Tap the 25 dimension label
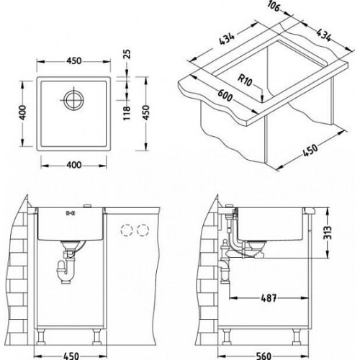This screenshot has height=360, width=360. (127, 54)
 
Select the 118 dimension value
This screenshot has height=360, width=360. (127, 113)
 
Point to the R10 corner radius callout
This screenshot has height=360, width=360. (245, 80)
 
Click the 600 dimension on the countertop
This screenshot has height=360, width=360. (225, 95)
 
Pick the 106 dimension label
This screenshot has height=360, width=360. (274, 6)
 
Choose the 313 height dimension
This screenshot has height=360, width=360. (328, 233)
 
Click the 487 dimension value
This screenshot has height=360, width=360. (269, 298)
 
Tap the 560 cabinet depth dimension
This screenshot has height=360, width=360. (263, 356)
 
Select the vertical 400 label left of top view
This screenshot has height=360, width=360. (23, 112)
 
